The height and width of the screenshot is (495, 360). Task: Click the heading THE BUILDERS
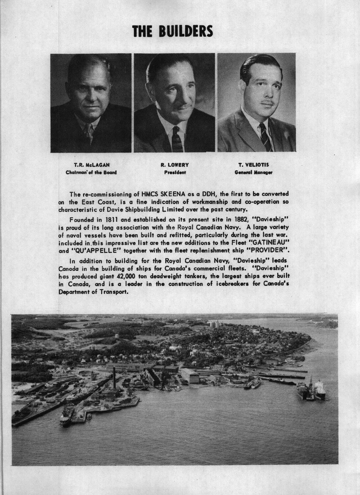[172, 32]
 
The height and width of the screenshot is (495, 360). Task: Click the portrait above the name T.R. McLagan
[91, 103]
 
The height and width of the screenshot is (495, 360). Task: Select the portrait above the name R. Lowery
[174, 103]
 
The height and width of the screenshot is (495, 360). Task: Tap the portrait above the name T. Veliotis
[256, 103]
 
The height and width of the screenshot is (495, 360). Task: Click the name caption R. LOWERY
[175, 165]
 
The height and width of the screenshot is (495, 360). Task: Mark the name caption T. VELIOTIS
[254, 165]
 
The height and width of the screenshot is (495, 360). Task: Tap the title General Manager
[253, 172]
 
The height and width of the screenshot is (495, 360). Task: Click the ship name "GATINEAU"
[266, 244]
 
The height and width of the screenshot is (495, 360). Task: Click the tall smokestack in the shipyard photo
[114, 378]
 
